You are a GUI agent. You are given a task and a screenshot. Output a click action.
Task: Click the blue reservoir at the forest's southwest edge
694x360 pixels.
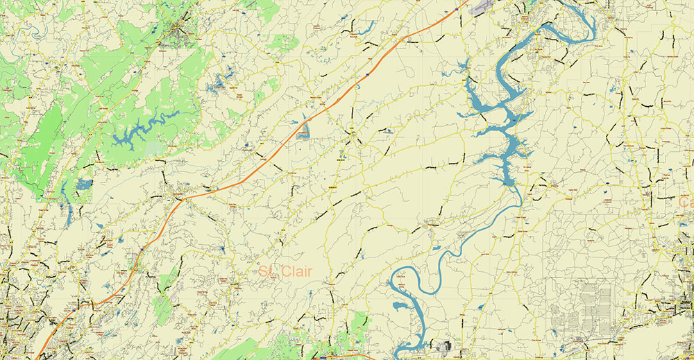point(83,185)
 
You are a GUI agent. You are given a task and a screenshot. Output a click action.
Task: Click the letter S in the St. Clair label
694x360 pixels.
point(264,271)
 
